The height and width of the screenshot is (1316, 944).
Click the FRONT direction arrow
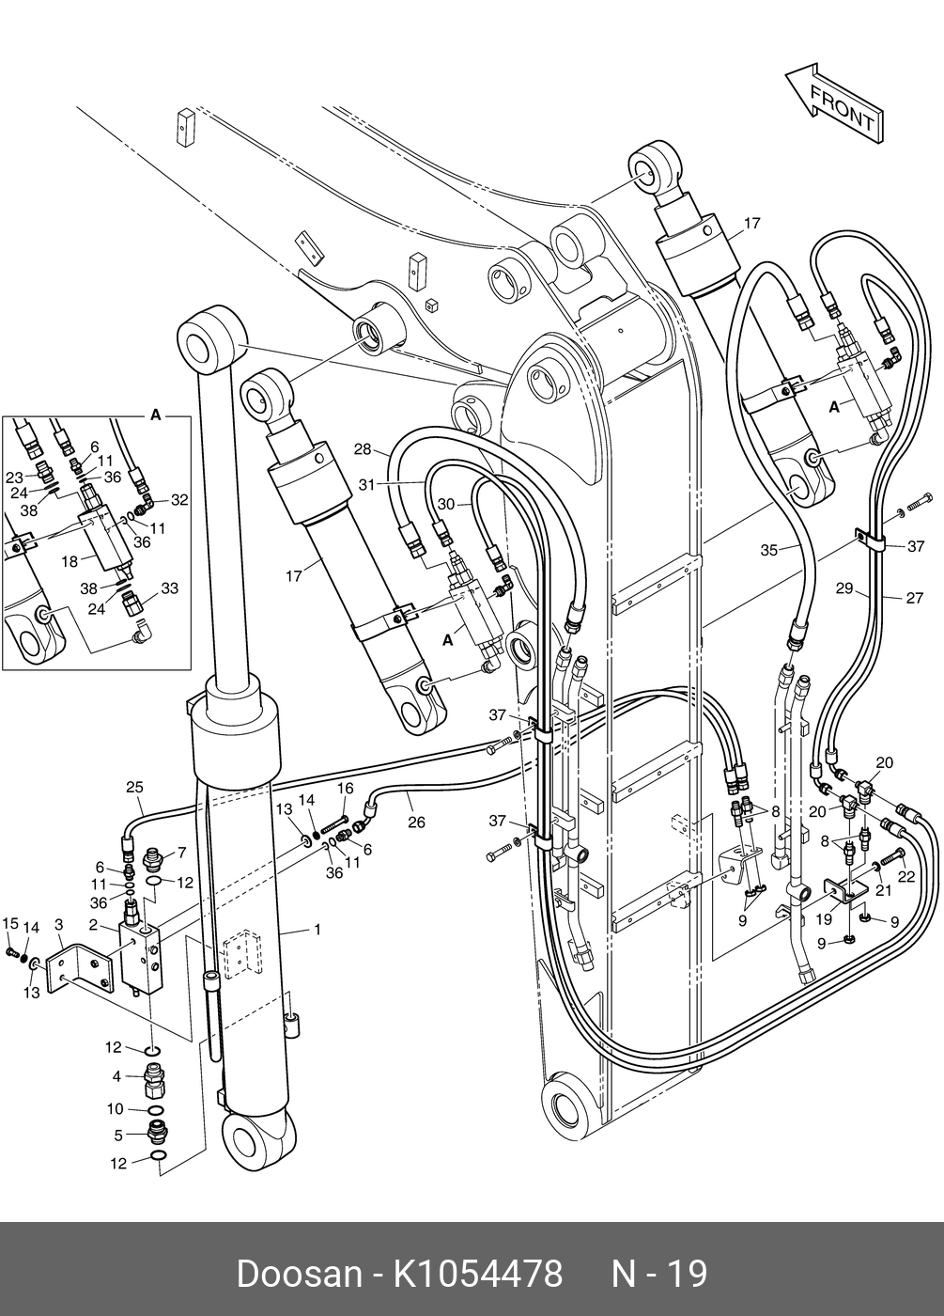point(835,102)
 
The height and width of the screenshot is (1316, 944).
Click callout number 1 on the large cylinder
point(317,930)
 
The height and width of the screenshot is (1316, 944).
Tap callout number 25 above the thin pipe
point(134,787)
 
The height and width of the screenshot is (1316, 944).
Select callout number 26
point(416,822)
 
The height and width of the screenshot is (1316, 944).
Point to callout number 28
point(363,449)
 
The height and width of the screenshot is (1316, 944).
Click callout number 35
point(769,550)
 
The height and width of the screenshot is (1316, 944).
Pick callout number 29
point(844,587)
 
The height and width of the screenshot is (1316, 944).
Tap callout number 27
point(915,598)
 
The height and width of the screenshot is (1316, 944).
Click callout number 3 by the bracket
point(58,925)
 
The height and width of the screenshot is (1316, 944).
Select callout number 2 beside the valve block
point(93,925)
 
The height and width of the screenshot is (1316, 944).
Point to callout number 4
point(116,1076)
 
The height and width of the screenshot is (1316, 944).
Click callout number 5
point(118,1136)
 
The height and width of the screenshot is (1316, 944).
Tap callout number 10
point(115,1108)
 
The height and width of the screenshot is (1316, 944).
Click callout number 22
point(906,875)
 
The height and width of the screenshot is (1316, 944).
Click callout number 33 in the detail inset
point(170,587)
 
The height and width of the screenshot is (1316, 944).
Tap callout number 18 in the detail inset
point(70,562)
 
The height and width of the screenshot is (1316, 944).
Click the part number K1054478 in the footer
point(478,1272)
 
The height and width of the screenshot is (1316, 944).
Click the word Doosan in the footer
point(300,1272)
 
